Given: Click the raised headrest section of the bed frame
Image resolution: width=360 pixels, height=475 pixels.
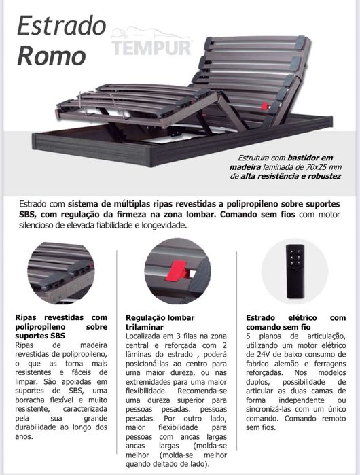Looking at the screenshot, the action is [251, 75].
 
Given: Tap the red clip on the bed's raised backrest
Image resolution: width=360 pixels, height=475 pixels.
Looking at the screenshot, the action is [264, 107].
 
